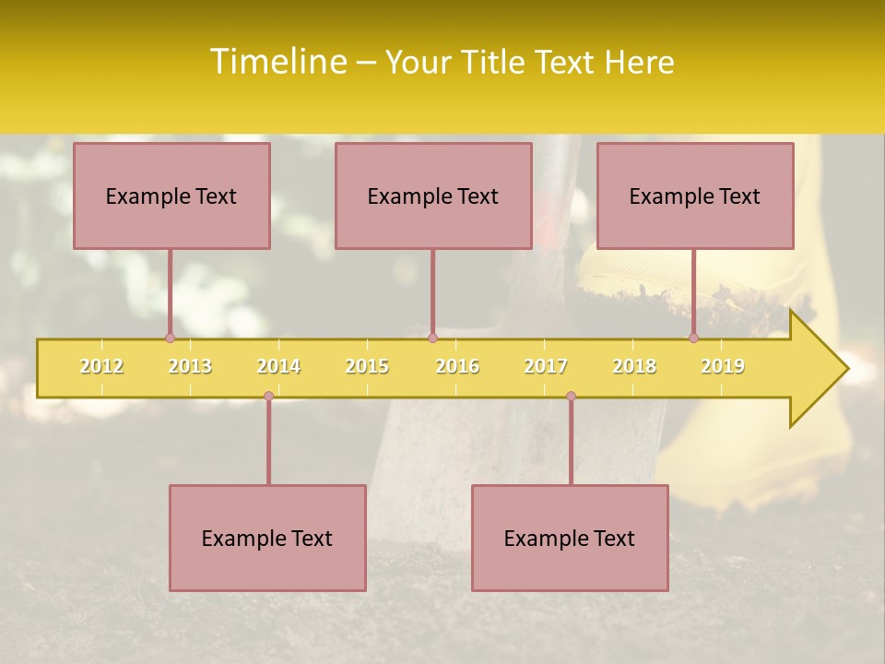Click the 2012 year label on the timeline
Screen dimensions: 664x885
point(101,366)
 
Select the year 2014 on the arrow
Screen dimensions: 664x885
point(278,366)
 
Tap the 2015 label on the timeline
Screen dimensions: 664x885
point(367,366)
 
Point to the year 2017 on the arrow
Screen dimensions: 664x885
point(546,366)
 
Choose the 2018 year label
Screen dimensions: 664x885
point(634,366)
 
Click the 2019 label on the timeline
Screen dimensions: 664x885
point(723,366)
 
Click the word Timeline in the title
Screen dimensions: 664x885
point(277,62)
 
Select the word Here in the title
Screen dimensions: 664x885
point(639,62)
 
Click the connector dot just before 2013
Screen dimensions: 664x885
point(170,338)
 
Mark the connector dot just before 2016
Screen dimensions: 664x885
point(432,338)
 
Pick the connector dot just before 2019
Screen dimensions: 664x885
point(693,338)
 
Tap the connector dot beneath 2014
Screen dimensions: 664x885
point(268,397)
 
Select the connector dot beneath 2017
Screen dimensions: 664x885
point(571,397)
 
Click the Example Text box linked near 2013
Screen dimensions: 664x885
point(171,196)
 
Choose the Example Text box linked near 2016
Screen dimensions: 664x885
point(433,196)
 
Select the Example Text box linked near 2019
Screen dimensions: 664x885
point(695,196)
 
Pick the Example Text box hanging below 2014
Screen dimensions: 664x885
point(267,538)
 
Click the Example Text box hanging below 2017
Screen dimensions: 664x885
point(570,538)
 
